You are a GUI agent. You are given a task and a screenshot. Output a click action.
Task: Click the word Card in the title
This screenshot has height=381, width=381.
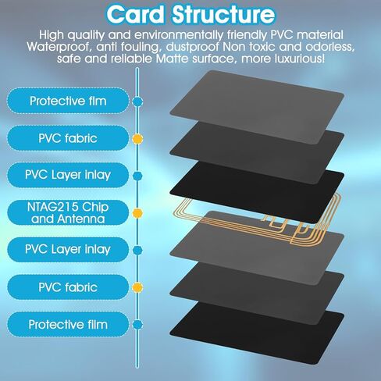click(135, 15)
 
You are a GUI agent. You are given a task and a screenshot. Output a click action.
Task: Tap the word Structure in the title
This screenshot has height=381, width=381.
click(223, 15)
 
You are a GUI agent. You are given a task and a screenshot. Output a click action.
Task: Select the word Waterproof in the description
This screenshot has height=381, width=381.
click(58, 48)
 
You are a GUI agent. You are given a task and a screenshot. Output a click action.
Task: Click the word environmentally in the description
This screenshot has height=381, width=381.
click(179, 35)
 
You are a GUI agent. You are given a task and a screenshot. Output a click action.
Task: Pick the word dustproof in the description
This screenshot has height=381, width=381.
click(193, 48)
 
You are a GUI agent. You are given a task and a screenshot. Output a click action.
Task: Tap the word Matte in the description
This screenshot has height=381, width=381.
click(172, 59)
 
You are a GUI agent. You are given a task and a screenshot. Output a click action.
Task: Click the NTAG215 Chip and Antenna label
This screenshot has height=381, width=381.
click(68, 213)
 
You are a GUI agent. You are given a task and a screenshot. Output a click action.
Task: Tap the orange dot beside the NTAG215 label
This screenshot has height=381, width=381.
click(137, 213)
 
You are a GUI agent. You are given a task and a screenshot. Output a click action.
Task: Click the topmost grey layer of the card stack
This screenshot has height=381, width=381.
click(257, 107)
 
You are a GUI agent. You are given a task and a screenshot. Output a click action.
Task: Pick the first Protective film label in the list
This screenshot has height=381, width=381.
click(68, 101)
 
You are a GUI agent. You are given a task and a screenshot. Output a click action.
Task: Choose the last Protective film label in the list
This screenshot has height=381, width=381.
click(68, 325)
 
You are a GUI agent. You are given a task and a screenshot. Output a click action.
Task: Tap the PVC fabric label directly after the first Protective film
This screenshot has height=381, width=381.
click(68, 138)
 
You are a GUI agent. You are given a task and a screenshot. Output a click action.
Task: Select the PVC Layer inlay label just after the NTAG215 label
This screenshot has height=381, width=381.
click(68, 250)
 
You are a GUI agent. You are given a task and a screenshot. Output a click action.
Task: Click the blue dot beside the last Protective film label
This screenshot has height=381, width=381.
click(137, 325)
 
